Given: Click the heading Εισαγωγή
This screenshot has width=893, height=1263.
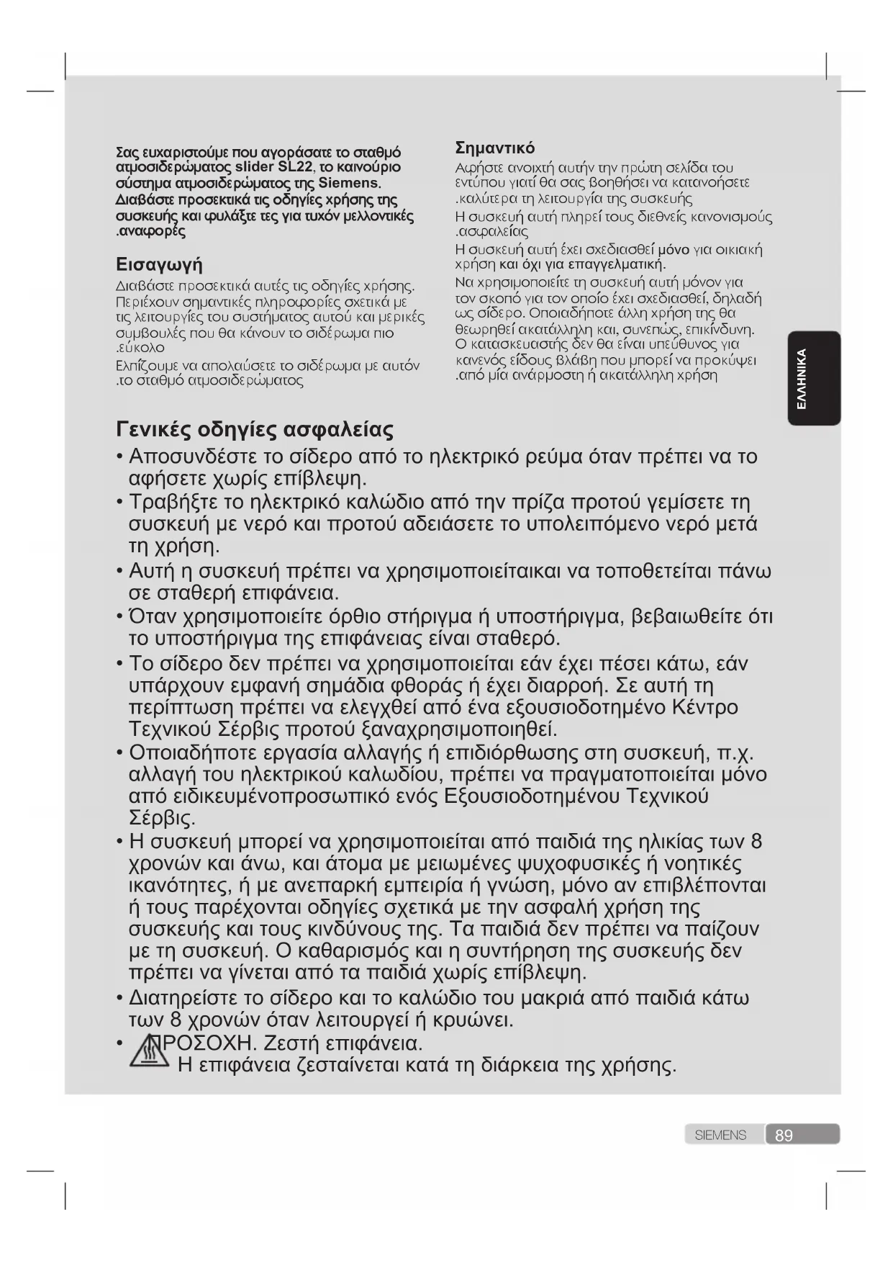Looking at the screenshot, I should click(x=159, y=265).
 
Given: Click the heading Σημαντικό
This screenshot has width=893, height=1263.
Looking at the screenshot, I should click(x=495, y=148).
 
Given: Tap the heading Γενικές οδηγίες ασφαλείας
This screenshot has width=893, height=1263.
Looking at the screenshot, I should click(x=255, y=431).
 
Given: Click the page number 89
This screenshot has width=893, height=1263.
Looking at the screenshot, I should click(x=784, y=1136).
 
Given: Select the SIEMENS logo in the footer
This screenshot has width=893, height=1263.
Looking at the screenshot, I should click(x=720, y=1136).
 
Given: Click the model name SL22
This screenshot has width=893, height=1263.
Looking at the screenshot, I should click(x=296, y=168).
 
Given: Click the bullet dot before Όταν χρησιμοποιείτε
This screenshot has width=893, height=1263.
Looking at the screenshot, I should click(x=119, y=617).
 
